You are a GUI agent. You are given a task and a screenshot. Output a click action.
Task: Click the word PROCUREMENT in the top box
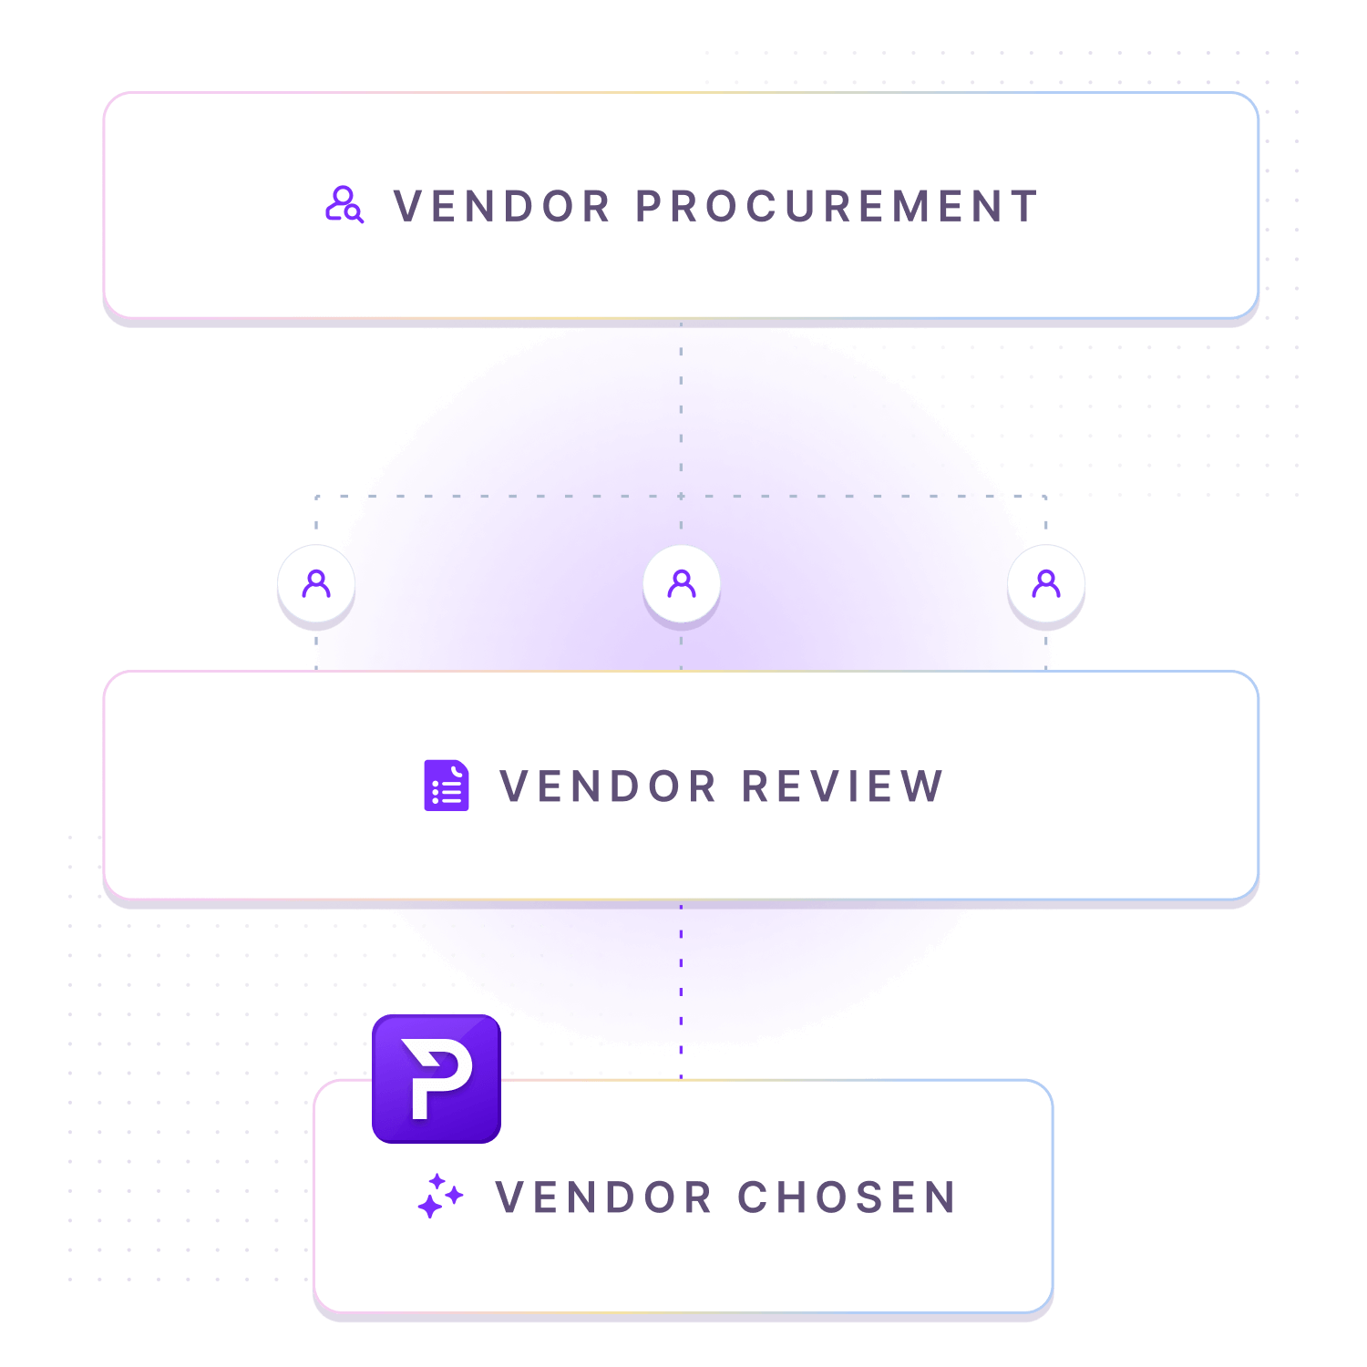click(x=837, y=207)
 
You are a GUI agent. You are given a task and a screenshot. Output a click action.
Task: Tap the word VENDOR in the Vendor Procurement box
click(x=502, y=207)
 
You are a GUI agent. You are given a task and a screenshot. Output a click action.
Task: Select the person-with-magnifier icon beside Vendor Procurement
click(x=344, y=205)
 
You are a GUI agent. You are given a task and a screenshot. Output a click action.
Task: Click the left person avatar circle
click(x=316, y=583)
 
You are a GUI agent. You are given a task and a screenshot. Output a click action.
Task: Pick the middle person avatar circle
click(x=682, y=583)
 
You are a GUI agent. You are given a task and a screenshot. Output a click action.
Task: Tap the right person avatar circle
click(x=1046, y=583)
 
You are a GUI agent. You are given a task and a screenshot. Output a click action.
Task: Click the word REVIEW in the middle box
click(x=842, y=786)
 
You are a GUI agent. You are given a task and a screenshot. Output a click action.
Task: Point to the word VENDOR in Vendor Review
click(x=608, y=786)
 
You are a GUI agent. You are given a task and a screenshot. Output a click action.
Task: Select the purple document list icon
click(x=447, y=786)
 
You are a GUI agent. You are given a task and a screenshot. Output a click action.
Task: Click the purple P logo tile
click(x=437, y=1079)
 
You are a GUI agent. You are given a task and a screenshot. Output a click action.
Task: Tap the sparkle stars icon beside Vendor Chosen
click(x=440, y=1196)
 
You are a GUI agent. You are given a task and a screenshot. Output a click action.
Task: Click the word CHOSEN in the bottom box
click(x=847, y=1197)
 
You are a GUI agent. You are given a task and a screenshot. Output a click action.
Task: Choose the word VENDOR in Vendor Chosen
click(x=603, y=1197)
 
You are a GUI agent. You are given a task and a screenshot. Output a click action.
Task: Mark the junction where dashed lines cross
click(x=681, y=497)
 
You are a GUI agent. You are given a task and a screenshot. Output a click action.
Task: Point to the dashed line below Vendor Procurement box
click(x=681, y=410)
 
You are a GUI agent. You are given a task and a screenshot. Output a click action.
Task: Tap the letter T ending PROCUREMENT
click(x=1025, y=207)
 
